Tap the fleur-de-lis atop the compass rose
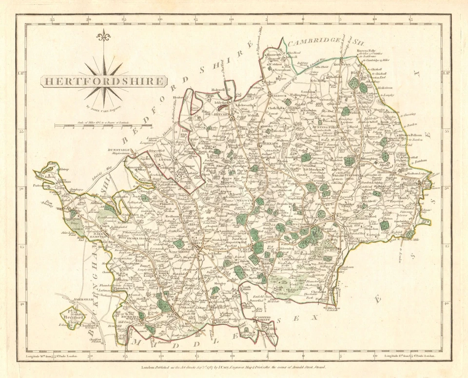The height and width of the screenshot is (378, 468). point(103,37)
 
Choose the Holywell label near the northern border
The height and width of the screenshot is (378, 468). point(219,90)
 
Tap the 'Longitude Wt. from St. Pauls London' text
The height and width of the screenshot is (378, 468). point(49,358)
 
